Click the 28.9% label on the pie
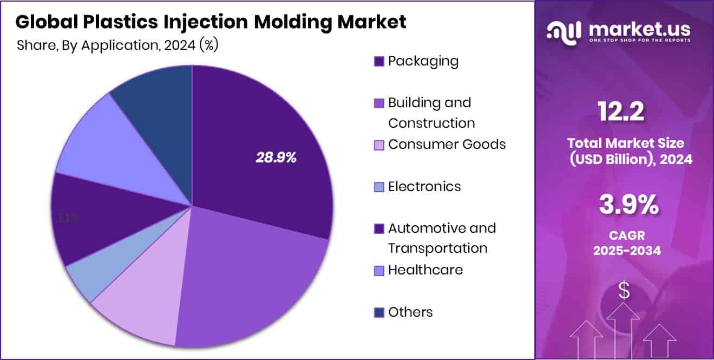(276, 158)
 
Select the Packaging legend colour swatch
(379, 62)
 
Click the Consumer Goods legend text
(447, 145)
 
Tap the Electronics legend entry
(424, 187)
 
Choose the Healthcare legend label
(425, 270)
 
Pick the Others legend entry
(410, 312)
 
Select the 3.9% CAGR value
(628, 205)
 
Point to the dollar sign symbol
(624, 291)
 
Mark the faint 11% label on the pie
(69, 218)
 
